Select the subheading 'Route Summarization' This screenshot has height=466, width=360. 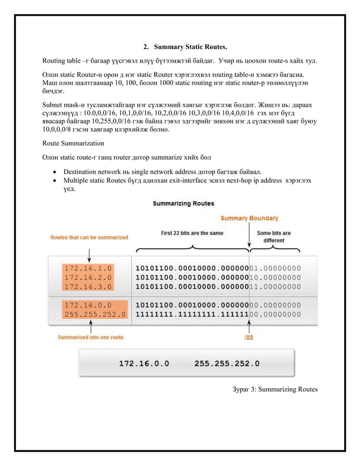[x=73, y=143]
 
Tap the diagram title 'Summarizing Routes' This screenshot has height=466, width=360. [x=183, y=203]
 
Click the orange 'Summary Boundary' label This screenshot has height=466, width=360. [x=249, y=218]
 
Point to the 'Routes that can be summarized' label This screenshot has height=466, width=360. [x=89, y=238]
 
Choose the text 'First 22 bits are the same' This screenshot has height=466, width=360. [x=192, y=233]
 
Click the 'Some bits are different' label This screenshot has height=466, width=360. [x=274, y=236]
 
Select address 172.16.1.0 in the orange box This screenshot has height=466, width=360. [x=89, y=268]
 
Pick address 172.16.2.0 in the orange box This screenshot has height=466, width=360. [x=89, y=278]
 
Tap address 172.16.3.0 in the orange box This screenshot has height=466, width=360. [x=89, y=287]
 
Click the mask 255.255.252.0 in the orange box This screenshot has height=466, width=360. [x=94, y=314]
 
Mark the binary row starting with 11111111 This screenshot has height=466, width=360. [x=218, y=314]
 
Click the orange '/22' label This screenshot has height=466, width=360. [x=248, y=337]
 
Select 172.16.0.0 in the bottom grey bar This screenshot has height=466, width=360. [x=143, y=364]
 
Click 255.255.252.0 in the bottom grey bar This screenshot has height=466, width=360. [x=227, y=364]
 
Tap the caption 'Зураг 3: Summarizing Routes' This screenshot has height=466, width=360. [x=275, y=389]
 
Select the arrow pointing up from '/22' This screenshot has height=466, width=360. [x=249, y=327]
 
